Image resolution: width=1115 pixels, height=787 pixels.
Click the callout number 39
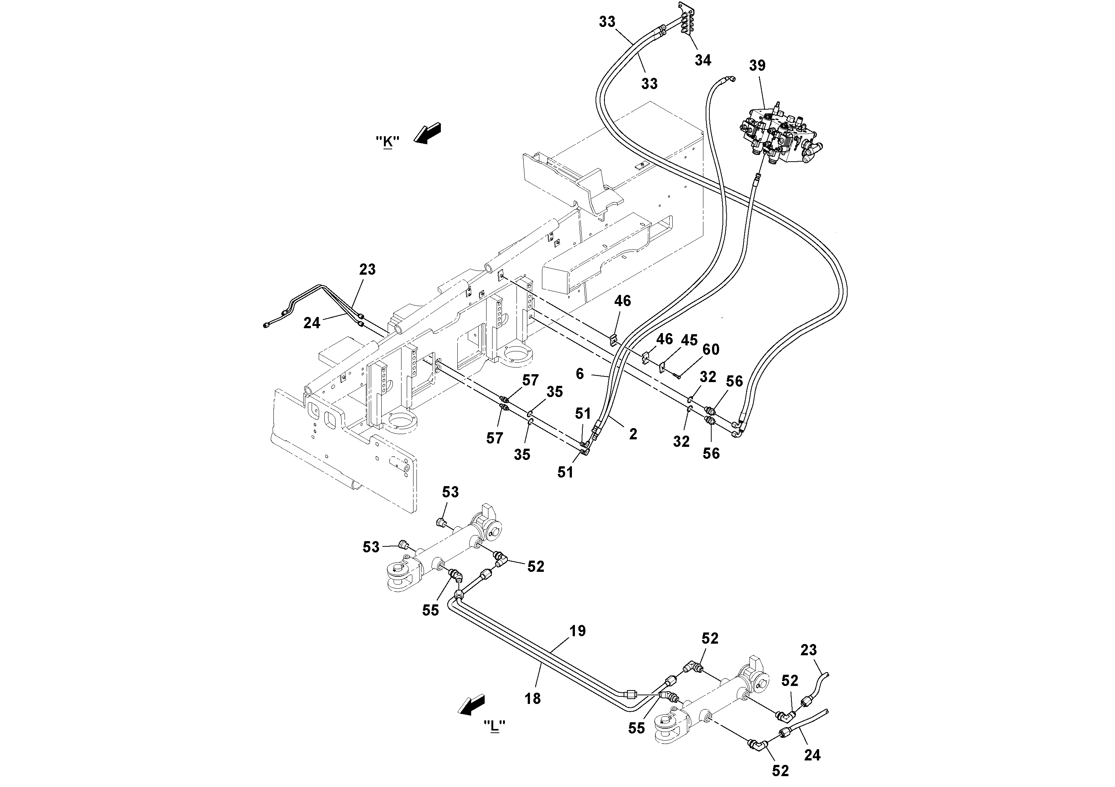point(757,65)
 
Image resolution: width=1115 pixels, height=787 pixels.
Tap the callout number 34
point(703,60)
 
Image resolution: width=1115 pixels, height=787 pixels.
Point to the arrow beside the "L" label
point(472,705)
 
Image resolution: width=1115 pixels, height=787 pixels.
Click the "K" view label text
point(388,142)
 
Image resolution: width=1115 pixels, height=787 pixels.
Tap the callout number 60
point(711,350)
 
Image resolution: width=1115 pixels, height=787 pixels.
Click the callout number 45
point(689,340)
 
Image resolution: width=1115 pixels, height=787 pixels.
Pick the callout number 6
point(579,373)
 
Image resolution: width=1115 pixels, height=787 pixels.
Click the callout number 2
point(633,434)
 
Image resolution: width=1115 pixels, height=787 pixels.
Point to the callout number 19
point(578,631)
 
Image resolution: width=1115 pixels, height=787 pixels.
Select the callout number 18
point(532,698)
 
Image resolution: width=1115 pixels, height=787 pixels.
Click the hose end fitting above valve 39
point(730,79)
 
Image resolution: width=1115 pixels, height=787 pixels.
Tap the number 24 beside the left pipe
point(312,323)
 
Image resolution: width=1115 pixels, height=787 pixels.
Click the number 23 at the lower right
point(809,650)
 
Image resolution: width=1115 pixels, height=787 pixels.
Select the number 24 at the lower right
point(812,754)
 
